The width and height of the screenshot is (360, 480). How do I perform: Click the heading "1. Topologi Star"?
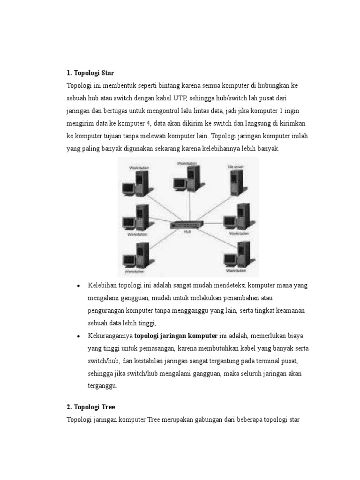[90, 73]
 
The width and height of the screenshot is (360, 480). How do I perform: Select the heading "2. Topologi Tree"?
[91, 406]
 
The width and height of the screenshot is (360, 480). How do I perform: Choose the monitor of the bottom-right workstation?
[230, 259]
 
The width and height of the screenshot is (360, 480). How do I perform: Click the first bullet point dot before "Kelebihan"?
[79, 286]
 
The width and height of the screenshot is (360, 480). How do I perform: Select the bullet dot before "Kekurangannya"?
[79, 336]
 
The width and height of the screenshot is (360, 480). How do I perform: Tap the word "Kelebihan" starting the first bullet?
[102, 285]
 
